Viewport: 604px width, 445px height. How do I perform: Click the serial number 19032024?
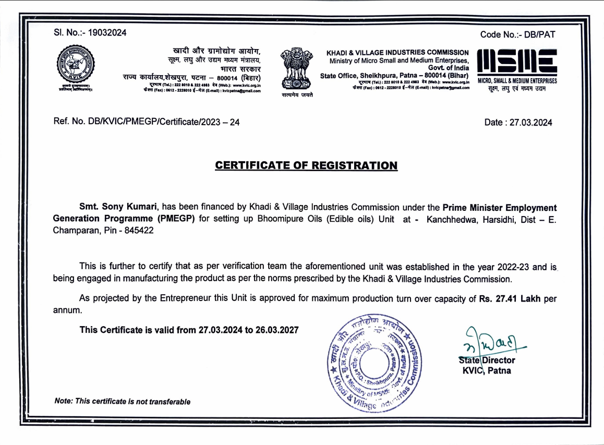click(107, 33)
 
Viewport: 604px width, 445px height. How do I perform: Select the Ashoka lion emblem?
click(295, 67)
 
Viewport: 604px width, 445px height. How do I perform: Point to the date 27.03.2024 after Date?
click(528, 123)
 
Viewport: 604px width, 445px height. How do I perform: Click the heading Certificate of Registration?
click(306, 165)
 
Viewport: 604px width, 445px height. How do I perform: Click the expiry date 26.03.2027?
click(277, 330)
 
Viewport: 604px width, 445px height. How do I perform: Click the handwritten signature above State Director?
click(490, 342)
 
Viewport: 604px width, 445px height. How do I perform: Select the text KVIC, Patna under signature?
click(486, 371)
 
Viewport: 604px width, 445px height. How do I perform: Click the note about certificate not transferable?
click(122, 401)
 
